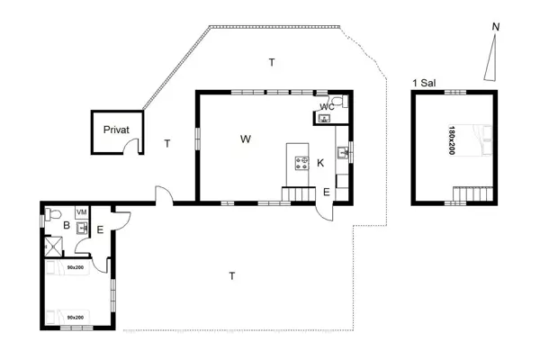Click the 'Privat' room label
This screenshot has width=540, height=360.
[116, 130]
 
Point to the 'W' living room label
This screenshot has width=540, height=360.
[245, 139]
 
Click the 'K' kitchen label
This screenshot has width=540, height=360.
[320, 163]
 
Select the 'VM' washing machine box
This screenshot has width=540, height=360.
[81, 212]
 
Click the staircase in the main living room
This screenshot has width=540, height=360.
[295, 193]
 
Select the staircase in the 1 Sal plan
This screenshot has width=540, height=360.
[471, 193]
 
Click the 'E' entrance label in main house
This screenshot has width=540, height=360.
[326, 191]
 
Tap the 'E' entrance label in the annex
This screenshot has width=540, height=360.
[99, 230]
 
